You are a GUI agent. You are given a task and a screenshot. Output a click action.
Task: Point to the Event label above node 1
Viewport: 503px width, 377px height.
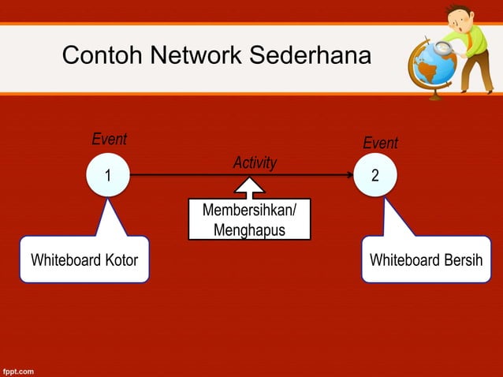pos(109,140)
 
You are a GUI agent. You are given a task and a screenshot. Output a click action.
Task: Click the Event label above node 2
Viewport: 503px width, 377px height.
pos(380,143)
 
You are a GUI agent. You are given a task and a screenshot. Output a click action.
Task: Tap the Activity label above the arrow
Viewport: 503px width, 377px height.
pos(255,162)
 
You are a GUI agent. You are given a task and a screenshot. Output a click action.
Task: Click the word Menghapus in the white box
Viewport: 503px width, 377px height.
pos(249,230)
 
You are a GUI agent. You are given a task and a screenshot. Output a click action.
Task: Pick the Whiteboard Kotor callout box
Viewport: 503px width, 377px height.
pos(84,259)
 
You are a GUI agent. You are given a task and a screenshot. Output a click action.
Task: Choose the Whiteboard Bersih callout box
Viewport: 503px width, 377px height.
pos(426,259)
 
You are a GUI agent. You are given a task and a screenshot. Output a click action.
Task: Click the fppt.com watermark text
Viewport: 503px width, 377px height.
pos(17,369)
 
